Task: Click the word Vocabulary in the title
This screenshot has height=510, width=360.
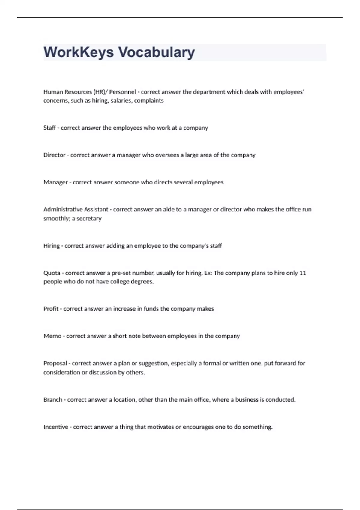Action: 157,52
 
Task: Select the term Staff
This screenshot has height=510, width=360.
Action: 49,128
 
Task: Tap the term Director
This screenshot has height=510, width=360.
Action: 54,155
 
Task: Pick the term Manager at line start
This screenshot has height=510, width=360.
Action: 55,182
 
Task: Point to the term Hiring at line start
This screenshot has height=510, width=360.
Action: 52,246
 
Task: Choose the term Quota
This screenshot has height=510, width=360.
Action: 52,273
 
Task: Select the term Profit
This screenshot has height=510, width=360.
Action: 51,309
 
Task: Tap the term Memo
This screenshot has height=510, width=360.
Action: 52,336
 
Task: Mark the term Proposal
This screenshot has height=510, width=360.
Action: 55,364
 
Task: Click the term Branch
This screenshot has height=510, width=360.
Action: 53,400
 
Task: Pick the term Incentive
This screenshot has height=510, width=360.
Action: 56,427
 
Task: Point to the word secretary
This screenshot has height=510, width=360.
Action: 89,219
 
